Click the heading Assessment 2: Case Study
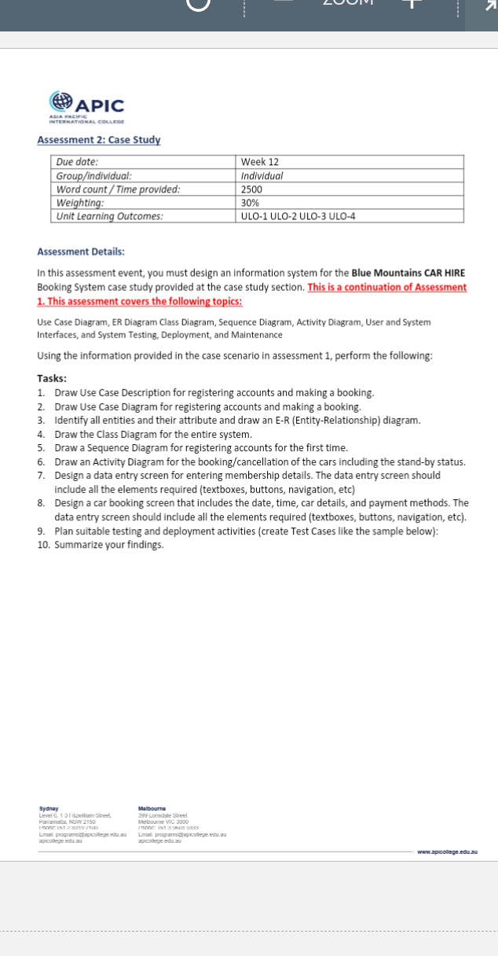point(98,140)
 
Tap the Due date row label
point(77,162)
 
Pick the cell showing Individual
point(262,176)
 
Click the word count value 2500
point(251,189)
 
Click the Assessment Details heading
point(81,252)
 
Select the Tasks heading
point(52,378)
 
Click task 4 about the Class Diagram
point(153,434)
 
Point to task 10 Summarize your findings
point(109,545)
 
